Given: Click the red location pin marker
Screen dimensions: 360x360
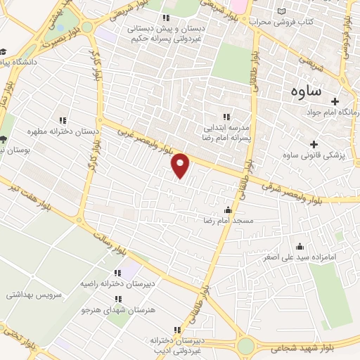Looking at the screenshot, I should [x=181, y=165].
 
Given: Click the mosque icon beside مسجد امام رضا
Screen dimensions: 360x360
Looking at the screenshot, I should [x=227, y=210].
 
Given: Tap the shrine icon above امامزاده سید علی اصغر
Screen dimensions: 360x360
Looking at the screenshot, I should [x=300, y=246].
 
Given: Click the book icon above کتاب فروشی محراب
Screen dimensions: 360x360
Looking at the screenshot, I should [x=282, y=12].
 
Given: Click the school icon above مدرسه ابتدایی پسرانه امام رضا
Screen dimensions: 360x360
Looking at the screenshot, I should [x=226, y=117].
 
